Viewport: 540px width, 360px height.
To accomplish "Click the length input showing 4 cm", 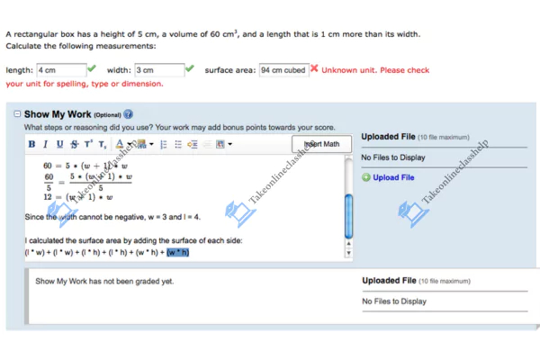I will (59, 70).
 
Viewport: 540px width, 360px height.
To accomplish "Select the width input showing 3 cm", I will (157, 70).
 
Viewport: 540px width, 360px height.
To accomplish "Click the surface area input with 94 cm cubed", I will (283, 70).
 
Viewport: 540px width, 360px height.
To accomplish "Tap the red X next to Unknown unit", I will (314, 69).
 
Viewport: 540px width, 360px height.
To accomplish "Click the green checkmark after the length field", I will (92, 69).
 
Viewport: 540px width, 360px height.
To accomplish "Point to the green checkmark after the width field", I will (189, 69).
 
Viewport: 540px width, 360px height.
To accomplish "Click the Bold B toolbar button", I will (32, 144).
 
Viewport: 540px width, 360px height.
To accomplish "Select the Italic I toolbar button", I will (46, 144).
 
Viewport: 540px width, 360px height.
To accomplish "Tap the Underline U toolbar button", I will (60, 144).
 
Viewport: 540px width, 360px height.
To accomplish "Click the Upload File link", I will (393, 177).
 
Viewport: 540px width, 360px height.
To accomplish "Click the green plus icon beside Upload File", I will (366, 177).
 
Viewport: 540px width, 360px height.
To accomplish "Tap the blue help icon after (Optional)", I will (129, 114).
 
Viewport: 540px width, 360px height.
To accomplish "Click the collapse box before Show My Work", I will (17, 114).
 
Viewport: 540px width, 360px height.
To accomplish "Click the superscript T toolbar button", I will (88, 144).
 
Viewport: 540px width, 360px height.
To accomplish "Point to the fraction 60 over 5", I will (49, 182).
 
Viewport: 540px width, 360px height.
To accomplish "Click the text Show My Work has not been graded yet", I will (104, 281).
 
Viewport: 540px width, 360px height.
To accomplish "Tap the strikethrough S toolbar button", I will (74, 144).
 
